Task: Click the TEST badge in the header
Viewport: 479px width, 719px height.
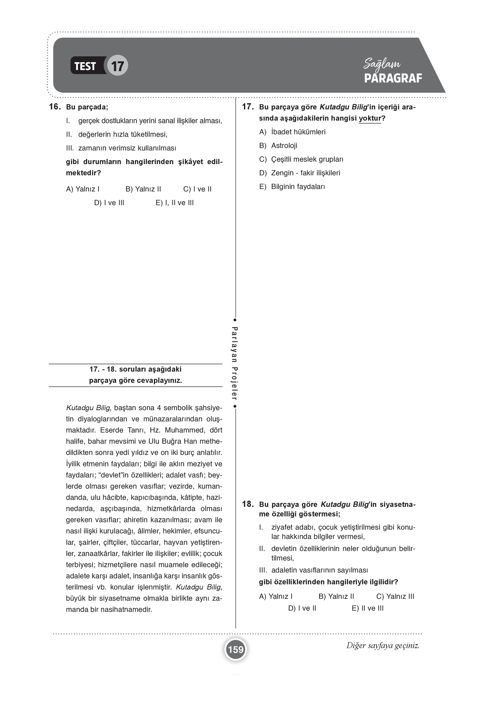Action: [85, 66]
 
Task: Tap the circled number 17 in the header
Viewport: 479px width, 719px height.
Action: [117, 66]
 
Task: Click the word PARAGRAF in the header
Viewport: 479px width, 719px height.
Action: [393, 78]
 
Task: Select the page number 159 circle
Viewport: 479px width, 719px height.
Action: [236, 649]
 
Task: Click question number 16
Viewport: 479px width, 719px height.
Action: [54, 107]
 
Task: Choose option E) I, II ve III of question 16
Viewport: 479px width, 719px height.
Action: [174, 203]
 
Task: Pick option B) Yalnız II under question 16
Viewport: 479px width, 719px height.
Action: [143, 189]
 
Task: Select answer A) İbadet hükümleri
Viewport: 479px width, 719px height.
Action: [292, 132]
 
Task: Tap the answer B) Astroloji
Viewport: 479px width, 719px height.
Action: [278, 145]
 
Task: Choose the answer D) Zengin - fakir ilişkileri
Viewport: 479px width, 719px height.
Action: [300, 173]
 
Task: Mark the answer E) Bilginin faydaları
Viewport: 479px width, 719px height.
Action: [292, 187]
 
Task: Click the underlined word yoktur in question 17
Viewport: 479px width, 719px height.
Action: [370, 119]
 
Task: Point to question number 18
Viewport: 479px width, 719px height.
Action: [248, 504]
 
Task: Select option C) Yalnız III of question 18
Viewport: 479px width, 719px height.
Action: [395, 596]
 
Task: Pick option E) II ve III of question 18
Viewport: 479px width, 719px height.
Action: [368, 608]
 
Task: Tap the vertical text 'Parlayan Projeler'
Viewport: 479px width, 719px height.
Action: [235, 363]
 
